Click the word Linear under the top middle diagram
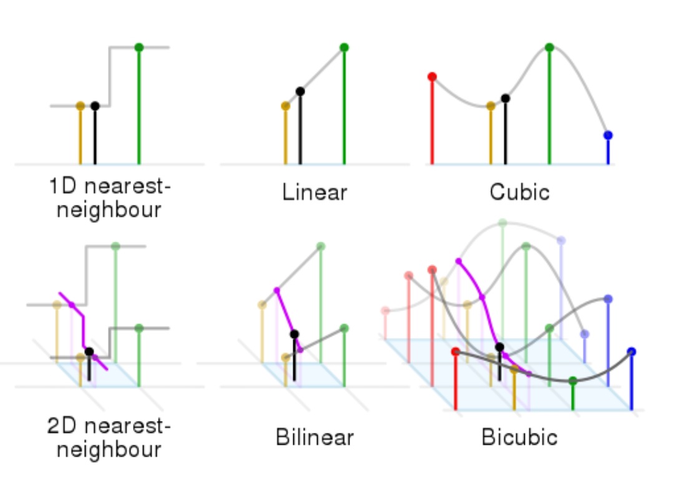tap(314, 192)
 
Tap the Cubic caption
tap(520, 191)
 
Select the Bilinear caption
tap(314, 437)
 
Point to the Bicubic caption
tap(519, 437)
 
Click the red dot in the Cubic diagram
tap(432, 77)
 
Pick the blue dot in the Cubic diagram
tap(608, 135)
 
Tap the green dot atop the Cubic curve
tap(549, 47)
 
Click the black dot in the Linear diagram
tap(300, 91)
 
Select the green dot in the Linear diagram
tap(344, 47)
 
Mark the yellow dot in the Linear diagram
tap(286, 106)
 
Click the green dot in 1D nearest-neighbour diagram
tap(139, 47)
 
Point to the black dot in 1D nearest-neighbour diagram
tap(95, 106)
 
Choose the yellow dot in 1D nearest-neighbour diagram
tap(81, 106)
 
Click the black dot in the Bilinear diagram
tap(295, 334)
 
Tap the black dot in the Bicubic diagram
tap(499, 347)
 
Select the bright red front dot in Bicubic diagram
tap(456, 352)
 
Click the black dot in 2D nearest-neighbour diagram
tap(89, 352)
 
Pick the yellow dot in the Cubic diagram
tap(491, 106)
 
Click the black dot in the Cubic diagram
tap(506, 98)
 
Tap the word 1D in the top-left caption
tap(63, 186)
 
